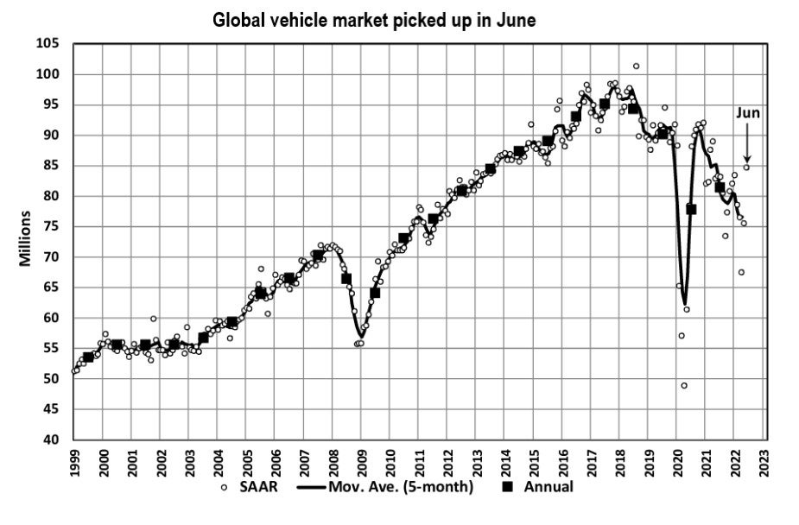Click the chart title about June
[x=375, y=20]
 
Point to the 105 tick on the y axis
[x=54, y=43]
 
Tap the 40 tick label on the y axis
[x=54, y=440]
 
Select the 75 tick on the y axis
[x=54, y=226]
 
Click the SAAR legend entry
[x=254, y=487]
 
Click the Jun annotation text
[x=747, y=112]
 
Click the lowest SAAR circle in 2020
[x=684, y=385]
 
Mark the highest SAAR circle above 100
[x=636, y=66]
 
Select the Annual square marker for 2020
[x=691, y=209]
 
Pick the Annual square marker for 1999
[x=88, y=357]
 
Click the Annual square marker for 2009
[x=375, y=293]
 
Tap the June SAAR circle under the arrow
[x=746, y=168]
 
